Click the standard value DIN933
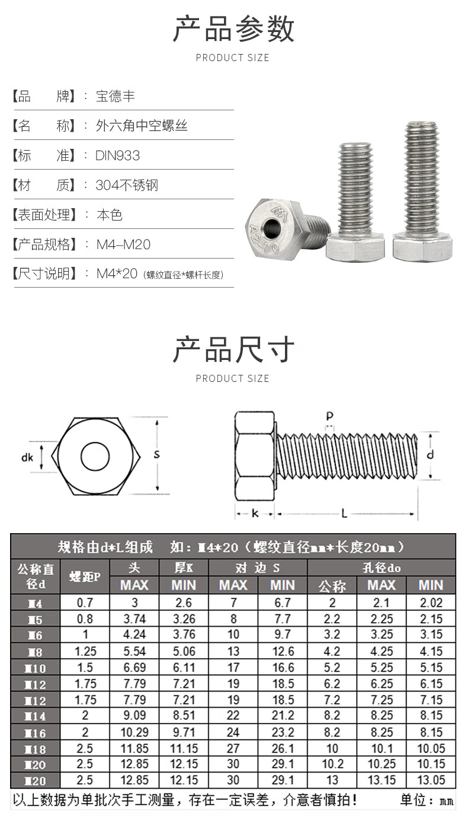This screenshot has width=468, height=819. (x=117, y=156)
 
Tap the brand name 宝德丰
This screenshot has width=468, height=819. (x=115, y=97)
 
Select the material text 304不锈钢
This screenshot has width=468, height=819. (x=127, y=186)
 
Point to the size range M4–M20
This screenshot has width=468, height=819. (x=123, y=244)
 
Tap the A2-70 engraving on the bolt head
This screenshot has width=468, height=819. (x=263, y=239)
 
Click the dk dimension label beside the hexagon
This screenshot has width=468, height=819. (x=27, y=457)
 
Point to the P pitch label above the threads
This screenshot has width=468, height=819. (x=329, y=416)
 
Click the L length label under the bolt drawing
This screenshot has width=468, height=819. (x=344, y=514)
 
